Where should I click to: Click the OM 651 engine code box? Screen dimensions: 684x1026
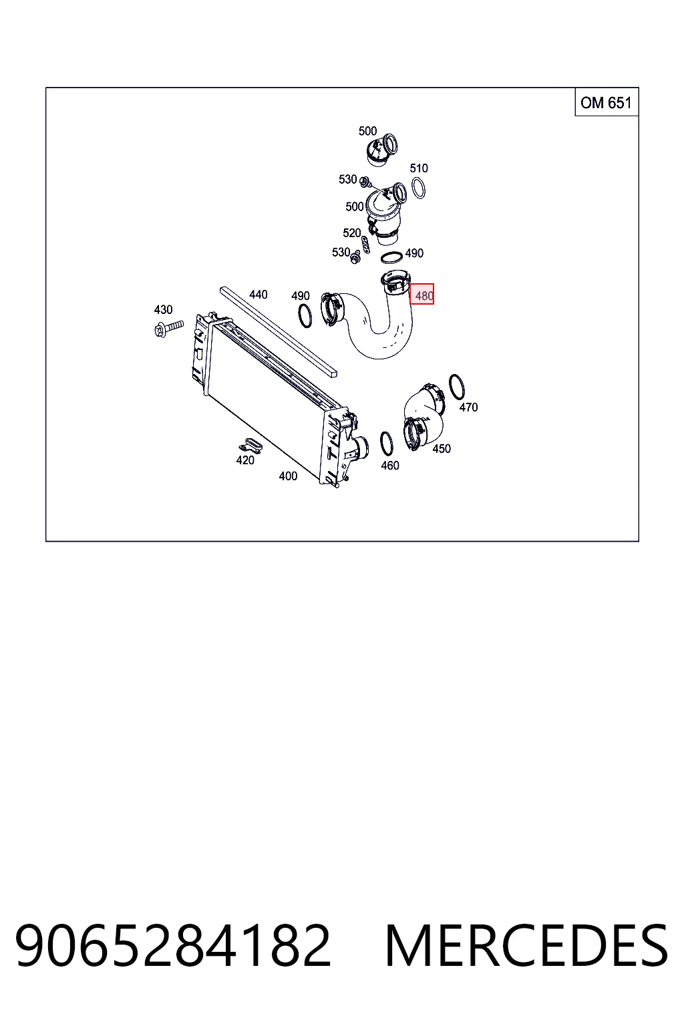click(x=607, y=102)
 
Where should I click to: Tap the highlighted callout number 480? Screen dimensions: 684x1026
click(x=422, y=294)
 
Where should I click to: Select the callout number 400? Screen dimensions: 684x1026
click(x=288, y=476)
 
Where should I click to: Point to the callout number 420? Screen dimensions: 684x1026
click(x=245, y=460)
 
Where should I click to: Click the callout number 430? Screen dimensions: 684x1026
click(x=163, y=310)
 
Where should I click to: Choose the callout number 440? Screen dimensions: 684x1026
click(x=259, y=295)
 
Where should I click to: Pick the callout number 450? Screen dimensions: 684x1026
click(x=442, y=449)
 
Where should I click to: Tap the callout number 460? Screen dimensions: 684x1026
click(x=390, y=466)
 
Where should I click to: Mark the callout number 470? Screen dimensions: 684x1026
click(x=469, y=407)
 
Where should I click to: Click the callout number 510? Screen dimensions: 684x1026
click(x=419, y=168)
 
